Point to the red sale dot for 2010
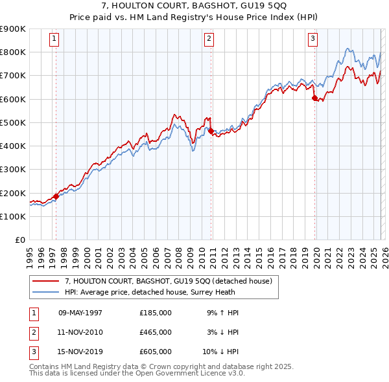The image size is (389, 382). (211, 131)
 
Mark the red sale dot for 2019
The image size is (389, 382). (314, 98)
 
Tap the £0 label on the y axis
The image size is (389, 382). (19, 240)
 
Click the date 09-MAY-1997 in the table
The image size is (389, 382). (80, 313)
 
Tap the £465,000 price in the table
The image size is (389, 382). (156, 332)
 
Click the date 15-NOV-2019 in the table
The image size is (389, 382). (80, 352)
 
